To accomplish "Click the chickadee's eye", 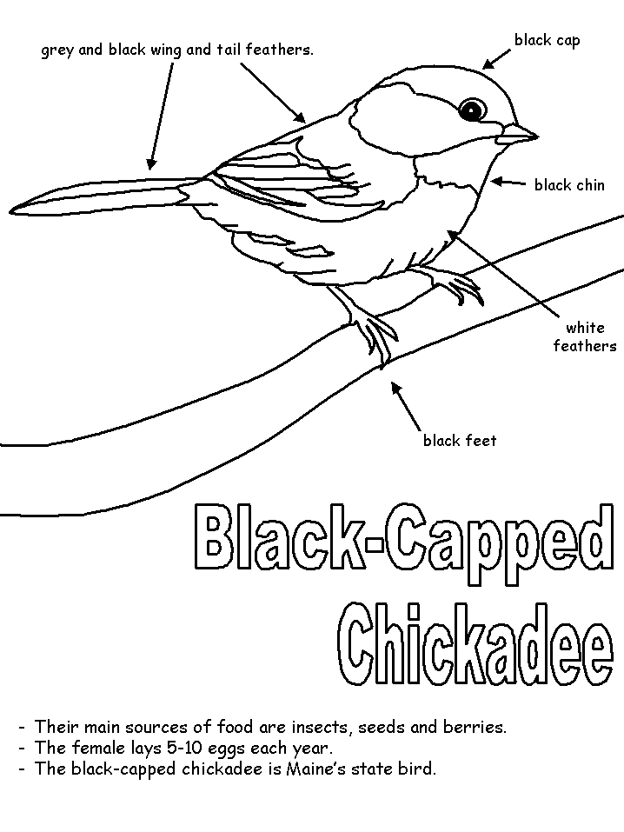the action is tap(472, 110).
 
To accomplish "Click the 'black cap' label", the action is tap(547, 41).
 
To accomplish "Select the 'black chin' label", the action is tap(569, 185).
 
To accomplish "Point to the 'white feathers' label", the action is tap(585, 336).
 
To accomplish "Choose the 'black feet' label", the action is tap(460, 441).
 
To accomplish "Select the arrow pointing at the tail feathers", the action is tap(162, 116).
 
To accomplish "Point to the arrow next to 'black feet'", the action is tap(406, 406).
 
